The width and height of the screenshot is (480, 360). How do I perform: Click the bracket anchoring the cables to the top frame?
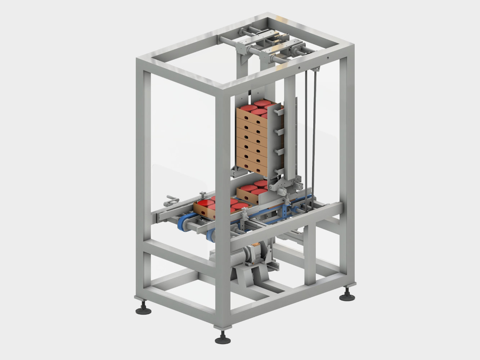coord(315,69)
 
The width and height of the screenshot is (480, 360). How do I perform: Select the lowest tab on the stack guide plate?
coord(277,172)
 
